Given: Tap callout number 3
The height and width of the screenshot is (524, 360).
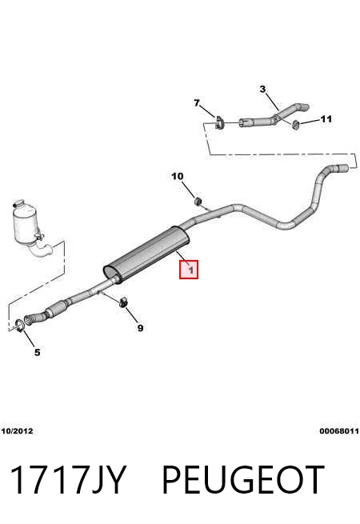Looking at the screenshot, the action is [262, 90].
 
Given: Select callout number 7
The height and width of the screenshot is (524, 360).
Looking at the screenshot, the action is [197, 103].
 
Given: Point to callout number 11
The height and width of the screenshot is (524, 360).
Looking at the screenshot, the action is [326, 119].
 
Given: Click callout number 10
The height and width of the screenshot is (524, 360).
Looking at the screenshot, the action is [178, 176].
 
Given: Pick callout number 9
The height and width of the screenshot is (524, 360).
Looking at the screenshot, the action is [140, 328].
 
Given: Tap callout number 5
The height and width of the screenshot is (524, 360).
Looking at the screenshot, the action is [37, 352].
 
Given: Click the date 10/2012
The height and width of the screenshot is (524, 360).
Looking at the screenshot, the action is [17, 431].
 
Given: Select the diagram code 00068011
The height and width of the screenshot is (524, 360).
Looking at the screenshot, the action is [339, 431].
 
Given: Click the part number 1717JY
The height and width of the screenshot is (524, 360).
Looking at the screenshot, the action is [68, 479].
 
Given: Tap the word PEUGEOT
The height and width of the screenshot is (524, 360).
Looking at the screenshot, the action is [243, 479].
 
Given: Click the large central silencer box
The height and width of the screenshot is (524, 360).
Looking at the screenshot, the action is [146, 255].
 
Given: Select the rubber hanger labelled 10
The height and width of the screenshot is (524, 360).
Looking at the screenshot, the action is [198, 201].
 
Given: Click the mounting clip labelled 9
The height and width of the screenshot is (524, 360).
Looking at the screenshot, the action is [123, 302].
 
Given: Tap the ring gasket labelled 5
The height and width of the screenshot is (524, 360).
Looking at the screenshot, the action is [20, 326].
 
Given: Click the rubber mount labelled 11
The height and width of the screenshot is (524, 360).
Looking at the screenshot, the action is [295, 124].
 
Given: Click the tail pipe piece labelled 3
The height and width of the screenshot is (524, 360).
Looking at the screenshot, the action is [274, 118].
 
